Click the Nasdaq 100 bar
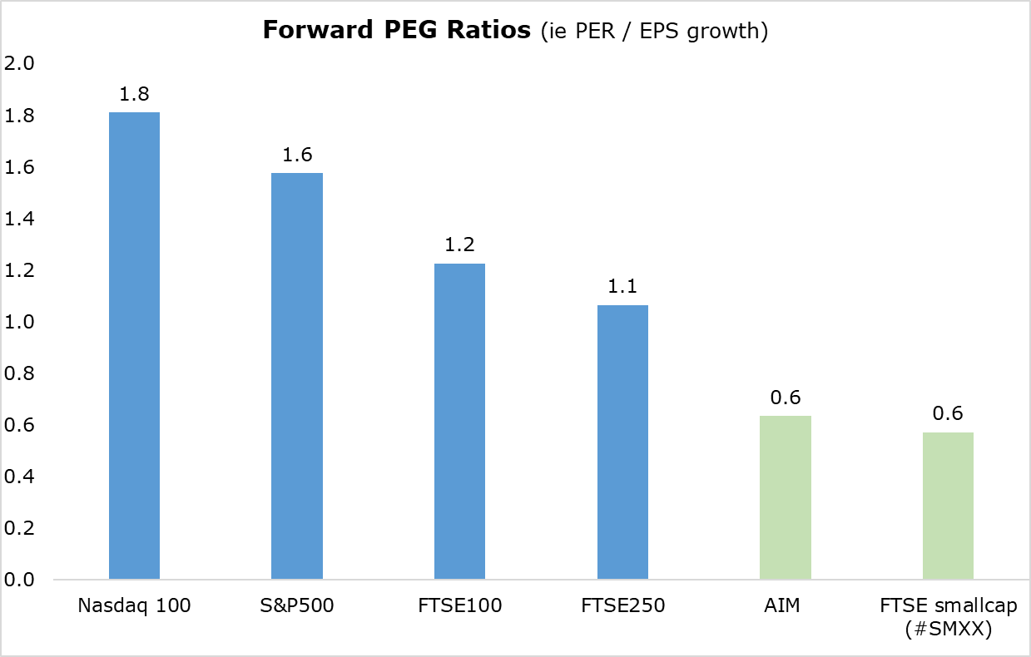click(134, 345)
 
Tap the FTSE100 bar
click(459, 421)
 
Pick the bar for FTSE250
click(622, 442)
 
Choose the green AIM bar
click(785, 497)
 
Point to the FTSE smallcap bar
click(948, 506)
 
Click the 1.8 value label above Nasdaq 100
click(134, 95)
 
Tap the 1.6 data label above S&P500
click(297, 156)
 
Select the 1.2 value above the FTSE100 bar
click(459, 246)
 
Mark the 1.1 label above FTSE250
click(622, 288)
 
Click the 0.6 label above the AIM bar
click(785, 398)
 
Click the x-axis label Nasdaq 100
click(134, 605)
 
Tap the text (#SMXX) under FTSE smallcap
click(948, 630)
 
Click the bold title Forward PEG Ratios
click(396, 31)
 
